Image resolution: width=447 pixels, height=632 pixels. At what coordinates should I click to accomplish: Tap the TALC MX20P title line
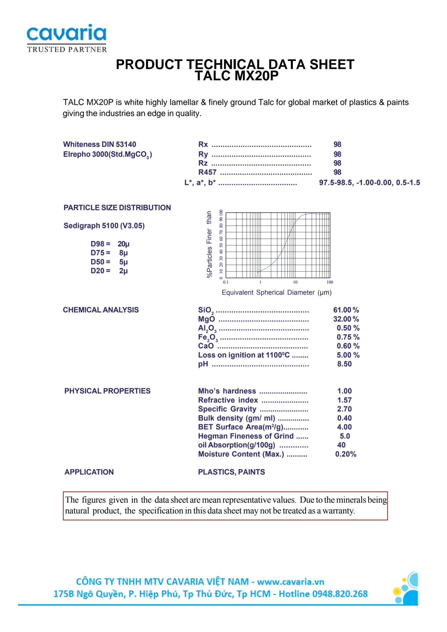pyautogui.click(x=236, y=76)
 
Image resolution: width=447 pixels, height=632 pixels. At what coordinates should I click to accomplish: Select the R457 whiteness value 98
pyautogui.click(x=337, y=172)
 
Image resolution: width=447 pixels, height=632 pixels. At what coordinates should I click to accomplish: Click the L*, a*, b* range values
pyautogui.click(x=369, y=182)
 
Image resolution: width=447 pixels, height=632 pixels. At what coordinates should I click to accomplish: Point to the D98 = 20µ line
pyautogui.click(x=110, y=244)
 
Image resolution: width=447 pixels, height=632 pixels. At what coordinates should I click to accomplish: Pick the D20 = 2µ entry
pyautogui.click(x=109, y=271)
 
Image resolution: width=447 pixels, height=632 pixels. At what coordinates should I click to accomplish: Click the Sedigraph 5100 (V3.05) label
pyautogui.click(x=104, y=226)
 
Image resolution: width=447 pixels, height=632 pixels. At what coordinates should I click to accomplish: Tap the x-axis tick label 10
pyautogui.click(x=295, y=282)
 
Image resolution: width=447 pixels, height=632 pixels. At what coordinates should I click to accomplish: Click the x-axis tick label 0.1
pyautogui.click(x=225, y=282)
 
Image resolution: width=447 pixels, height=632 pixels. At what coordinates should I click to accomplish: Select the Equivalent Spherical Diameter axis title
pyautogui.click(x=277, y=292)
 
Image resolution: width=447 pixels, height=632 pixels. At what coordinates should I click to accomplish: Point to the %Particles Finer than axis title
pyautogui.click(x=209, y=244)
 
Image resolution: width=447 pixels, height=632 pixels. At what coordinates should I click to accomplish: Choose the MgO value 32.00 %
pyautogui.click(x=346, y=319)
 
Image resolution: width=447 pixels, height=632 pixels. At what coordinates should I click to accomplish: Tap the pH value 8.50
pyautogui.click(x=344, y=364)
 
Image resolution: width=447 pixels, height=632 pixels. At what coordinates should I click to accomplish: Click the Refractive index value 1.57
pyautogui.click(x=344, y=400)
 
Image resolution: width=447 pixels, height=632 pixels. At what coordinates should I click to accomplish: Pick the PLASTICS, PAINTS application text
pyautogui.click(x=231, y=472)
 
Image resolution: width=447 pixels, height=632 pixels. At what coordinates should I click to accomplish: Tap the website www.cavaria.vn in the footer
pyautogui.click(x=291, y=582)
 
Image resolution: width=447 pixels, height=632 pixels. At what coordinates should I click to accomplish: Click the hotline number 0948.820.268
pyautogui.click(x=340, y=594)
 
